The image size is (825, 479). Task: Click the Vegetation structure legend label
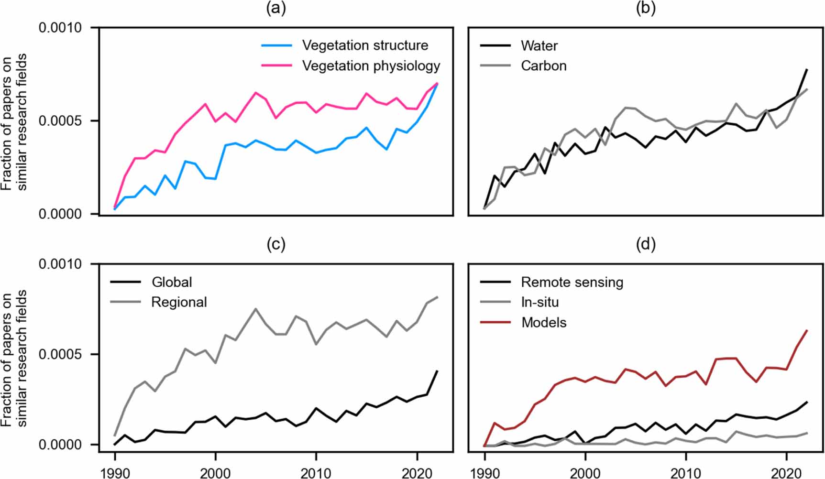(x=365, y=45)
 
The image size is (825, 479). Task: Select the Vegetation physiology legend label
(x=371, y=66)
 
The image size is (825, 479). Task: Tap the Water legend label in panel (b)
(x=539, y=46)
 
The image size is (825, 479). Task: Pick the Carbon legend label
(x=543, y=66)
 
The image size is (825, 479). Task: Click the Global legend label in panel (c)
(x=172, y=282)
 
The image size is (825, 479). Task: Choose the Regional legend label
(x=179, y=302)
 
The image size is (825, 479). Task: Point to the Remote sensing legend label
(x=572, y=282)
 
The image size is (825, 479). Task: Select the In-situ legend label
(x=539, y=302)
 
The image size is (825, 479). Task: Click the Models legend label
(x=544, y=323)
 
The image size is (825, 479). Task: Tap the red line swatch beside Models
(x=495, y=323)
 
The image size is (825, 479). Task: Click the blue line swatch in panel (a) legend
(x=276, y=45)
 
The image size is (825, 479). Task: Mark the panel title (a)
(x=276, y=9)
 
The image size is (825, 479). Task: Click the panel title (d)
(x=646, y=244)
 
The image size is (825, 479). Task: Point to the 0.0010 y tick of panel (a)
(x=60, y=28)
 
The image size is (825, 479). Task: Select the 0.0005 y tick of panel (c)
(x=60, y=354)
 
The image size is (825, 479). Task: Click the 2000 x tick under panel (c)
(x=215, y=472)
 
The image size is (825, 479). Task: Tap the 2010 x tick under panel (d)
(x=686, y=472)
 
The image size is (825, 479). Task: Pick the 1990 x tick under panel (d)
(x=484, y=472)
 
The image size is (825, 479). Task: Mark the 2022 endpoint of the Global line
(x=437, y=371)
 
